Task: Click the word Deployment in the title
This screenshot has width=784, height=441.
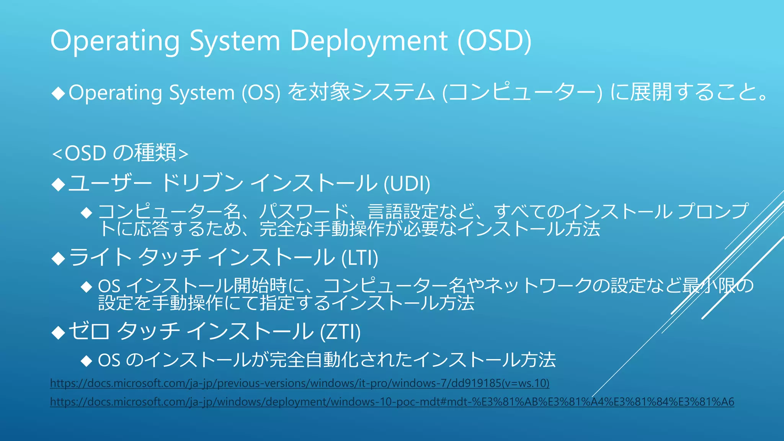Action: (x=369, y=41)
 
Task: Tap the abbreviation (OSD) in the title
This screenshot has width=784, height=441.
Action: (x=495, y=41)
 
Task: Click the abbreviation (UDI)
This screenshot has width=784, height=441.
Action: (x=407, y=183)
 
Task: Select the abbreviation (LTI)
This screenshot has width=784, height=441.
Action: (x=359, y=258)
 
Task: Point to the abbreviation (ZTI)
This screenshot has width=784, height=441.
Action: (x=340, y=332)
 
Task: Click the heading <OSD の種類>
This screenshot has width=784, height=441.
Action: (x=120, y=153)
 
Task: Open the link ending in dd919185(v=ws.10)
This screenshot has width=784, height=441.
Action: (x=299, y=383)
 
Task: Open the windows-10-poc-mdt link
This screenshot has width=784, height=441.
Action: (x=392, y=402)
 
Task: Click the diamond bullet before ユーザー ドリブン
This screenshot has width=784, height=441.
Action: (x=59, y=185)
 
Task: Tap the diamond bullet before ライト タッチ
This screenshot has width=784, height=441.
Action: (x=59, y=259)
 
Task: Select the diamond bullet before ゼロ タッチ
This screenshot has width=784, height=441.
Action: (x=59, y=333)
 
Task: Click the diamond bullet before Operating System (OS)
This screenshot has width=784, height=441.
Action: (x=59, y=93)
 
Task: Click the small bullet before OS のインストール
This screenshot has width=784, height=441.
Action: (x=87, y=361)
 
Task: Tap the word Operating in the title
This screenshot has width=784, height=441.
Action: (x=115, y=41)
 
